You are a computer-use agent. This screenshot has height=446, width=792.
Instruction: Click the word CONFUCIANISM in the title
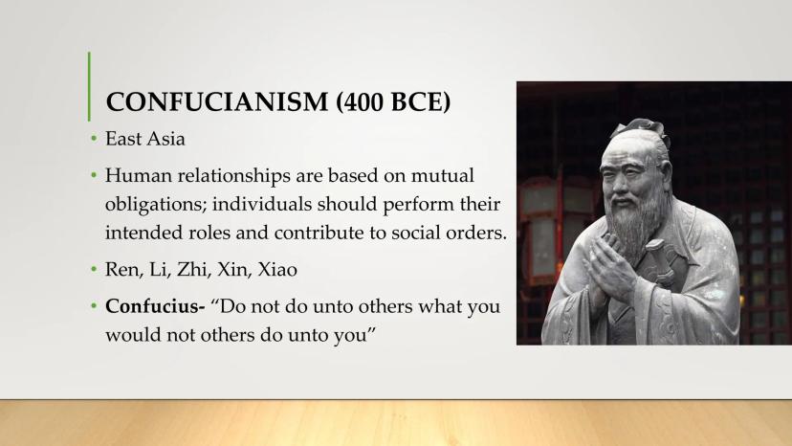point(217,101)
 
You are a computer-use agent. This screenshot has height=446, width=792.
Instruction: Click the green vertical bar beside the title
point(89,86)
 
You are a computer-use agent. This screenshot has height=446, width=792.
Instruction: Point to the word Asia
point(166,139)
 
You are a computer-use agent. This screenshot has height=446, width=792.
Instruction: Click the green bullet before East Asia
point(94,138)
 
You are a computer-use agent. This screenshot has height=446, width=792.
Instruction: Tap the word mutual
point(443,176)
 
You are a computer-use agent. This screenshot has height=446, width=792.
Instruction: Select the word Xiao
point(277,270)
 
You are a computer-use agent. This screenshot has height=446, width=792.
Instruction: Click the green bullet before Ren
point(94,269)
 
